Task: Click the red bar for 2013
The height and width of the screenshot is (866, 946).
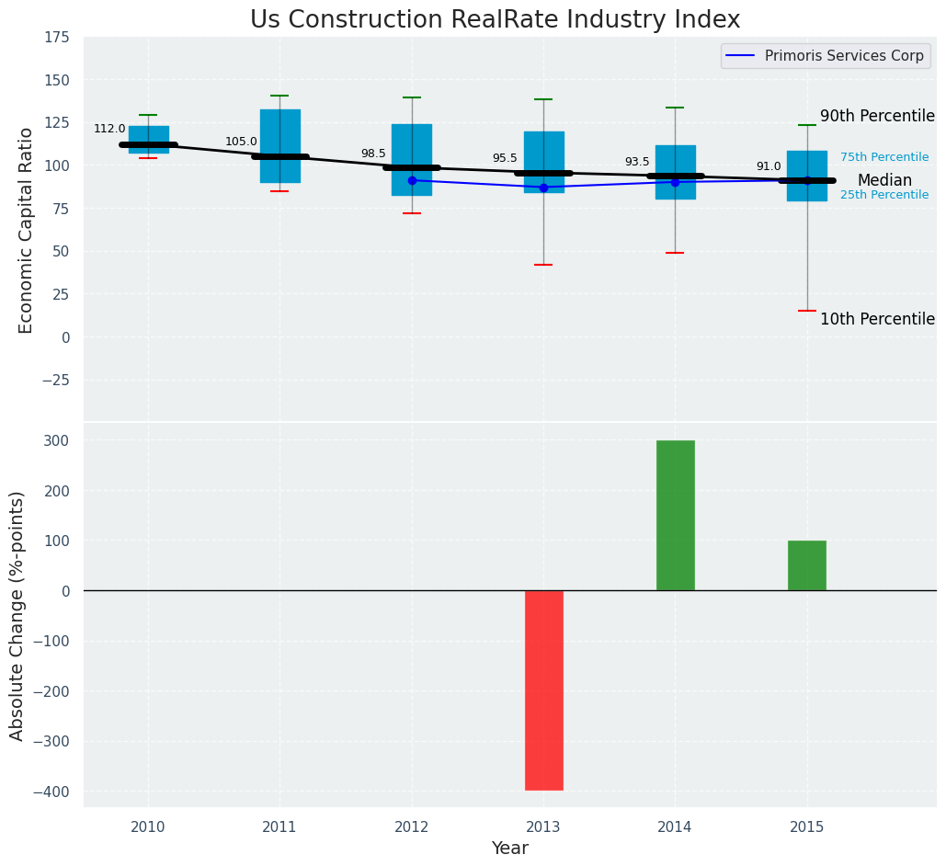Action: (x=543, y=689)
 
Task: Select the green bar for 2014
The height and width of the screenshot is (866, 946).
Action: (x=675, y=515)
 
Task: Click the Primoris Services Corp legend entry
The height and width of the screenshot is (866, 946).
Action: (x=843, y=56)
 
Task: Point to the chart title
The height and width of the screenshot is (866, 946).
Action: (x=495, y=20)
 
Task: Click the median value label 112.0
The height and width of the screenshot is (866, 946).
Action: (x=109, y=129)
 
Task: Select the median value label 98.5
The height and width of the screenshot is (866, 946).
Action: (x=373, y=154)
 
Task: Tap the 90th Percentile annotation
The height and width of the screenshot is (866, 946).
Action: (x=877, y=117)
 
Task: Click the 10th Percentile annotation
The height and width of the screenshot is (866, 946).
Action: (x=877, y=320)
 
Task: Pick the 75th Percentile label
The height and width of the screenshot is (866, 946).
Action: (x=884, y=157)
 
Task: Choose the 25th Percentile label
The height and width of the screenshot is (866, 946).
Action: (x=884, y=195)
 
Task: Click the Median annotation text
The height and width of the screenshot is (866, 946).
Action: (x=884, y=181)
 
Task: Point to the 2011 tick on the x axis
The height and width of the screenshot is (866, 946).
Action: (x=279, y=827)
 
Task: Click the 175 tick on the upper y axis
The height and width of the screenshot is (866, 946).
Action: (x=56, y=37)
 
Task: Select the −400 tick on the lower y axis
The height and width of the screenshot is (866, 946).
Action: (x=51, y=792)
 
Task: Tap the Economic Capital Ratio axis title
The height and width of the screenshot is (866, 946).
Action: (x=27, y=230)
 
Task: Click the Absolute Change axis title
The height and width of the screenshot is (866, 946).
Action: (x=17, y=615)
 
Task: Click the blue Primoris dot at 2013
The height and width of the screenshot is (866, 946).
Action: (x=543, y=188)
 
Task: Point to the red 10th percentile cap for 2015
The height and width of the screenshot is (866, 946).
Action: (x=806, y=311)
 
